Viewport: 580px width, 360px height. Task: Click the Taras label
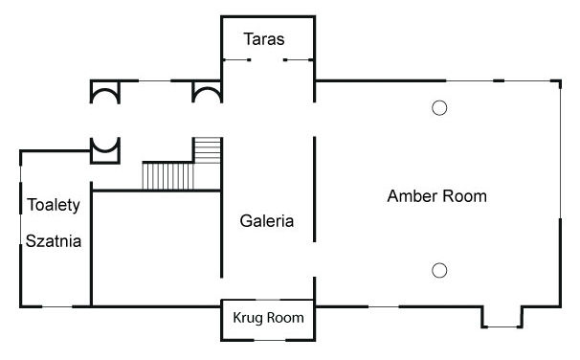tap(264, 39)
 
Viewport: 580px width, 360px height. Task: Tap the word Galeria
tap(267, 221)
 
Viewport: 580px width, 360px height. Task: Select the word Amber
tap(413, 196)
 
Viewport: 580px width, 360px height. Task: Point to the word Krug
tap(248, 318)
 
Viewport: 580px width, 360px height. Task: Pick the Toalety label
tap(54, 205)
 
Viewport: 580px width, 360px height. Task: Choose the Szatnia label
tap(54, 241)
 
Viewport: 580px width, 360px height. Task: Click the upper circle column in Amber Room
tap(439, 108)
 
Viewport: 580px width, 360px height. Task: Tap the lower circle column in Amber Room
tap(439, 270)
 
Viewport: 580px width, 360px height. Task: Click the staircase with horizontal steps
tap(208, 150)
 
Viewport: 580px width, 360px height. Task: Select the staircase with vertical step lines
tap(168, 176)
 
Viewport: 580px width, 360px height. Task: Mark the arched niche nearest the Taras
tap(207, 92)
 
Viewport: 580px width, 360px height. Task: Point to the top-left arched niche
tap(105, 92)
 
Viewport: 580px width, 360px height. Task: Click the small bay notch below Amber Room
tap(502, 317)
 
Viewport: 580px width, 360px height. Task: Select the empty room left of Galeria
tap(156, 248)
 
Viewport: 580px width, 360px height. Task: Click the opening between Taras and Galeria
tap(267, 60)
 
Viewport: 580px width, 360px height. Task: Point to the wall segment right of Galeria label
tap(315, 190)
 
